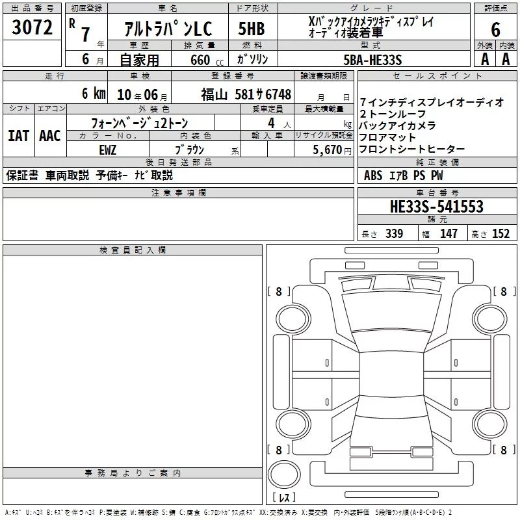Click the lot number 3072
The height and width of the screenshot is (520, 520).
point(32,27)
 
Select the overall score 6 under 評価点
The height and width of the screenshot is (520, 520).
point(495,29)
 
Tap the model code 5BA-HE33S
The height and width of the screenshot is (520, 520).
point(372,60)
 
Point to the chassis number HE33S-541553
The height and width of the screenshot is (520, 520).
point(436,206)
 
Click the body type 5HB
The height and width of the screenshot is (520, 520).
point(252,29)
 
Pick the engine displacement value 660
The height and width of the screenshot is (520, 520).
point(200,60)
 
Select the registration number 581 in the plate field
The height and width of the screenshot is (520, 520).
point(245,94)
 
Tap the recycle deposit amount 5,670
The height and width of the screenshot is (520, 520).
point(327,149)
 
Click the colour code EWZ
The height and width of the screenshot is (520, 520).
point(108,150)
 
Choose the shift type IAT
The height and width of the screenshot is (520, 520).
point(19,136)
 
